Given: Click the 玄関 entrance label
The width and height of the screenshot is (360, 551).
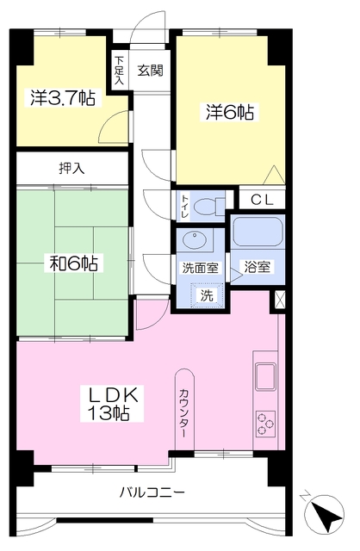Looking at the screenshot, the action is coord(150,71).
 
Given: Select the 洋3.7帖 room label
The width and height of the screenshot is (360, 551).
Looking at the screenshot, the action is coord(63,98).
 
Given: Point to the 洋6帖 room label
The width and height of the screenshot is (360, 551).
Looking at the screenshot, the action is coord(230,112).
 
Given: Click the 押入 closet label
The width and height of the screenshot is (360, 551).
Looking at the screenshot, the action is coord(71,169).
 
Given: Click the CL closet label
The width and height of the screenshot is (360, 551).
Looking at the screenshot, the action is coord(262,200).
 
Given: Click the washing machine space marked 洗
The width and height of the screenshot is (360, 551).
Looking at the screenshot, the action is coord(207,295).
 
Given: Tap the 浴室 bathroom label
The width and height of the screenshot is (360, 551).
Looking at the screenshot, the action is coord(258,268).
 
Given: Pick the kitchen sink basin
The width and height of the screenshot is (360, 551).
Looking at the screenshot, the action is coord(265,377).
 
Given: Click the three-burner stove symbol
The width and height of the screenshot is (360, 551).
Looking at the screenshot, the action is coord(265,424).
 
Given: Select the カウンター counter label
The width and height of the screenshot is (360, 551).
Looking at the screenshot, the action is coord(183,413).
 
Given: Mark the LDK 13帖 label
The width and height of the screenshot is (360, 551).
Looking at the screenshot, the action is coord(112,404).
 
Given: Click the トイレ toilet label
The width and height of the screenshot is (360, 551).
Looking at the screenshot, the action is coord(185,206).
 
